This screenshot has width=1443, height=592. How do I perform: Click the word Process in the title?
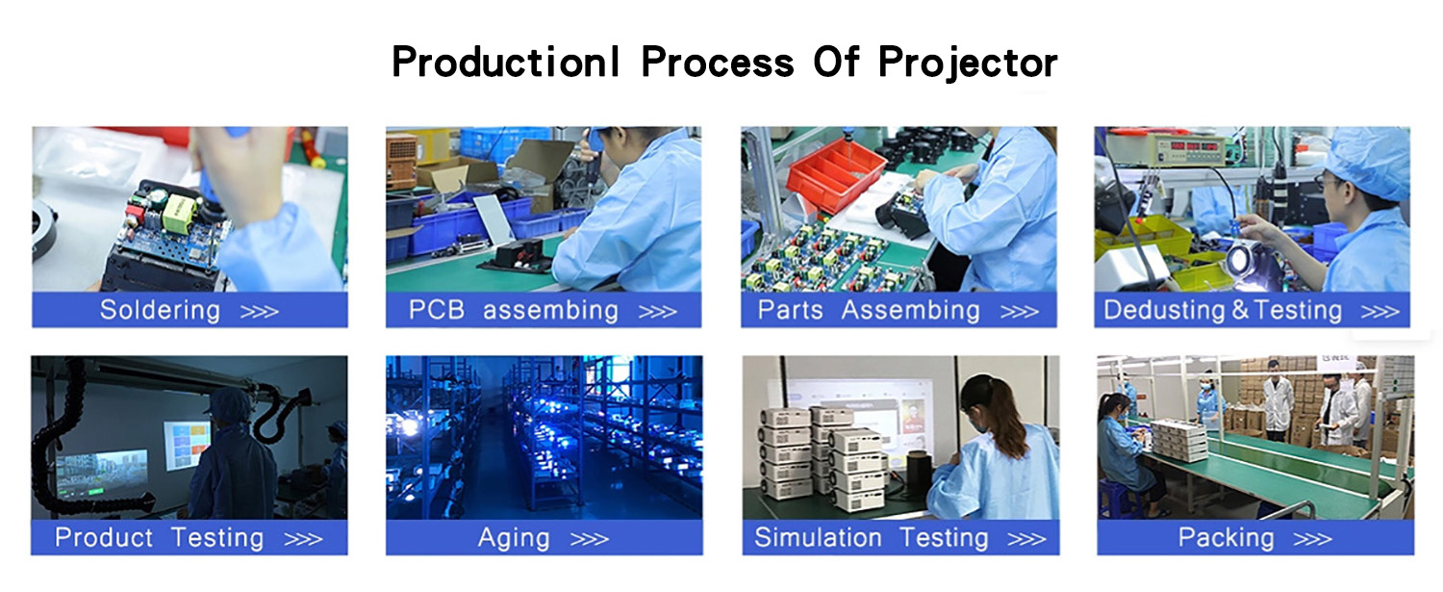pos(717,63)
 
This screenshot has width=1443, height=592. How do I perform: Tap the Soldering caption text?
pos(160,310)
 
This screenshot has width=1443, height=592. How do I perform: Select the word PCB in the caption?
pos(436,310)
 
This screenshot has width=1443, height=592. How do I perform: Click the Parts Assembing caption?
pos(869,310)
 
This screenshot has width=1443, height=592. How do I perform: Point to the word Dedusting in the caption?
pos(1163,310)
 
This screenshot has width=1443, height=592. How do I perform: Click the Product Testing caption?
pos(159,538)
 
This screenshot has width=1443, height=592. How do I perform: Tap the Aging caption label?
pos(514,538)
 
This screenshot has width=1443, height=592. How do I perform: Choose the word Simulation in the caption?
pos(818,537)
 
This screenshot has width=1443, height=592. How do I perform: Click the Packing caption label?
pos(1226,538)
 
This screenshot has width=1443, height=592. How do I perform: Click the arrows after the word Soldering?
pos(259,312)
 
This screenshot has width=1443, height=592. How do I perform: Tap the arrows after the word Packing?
pos(1312,539)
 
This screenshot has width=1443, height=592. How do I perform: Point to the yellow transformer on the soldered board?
pos(180,213)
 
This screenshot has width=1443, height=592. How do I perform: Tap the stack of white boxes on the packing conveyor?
pos(1178,440)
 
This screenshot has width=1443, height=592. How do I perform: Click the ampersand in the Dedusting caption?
pos(1240,310)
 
